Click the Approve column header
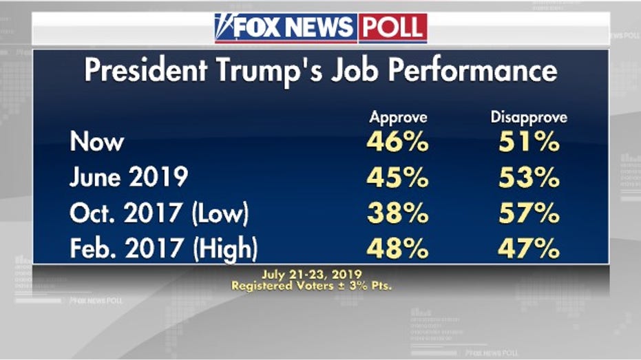[398, 118]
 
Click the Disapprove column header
[528, 118]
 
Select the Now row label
[97, 142]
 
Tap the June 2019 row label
[129, 178]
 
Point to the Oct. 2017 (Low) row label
[159, 213]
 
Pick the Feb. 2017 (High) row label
[163, 248]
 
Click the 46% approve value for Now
[398, 142]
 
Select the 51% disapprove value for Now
[528, 142]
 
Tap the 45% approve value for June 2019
[398, 178]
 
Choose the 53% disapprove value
[528, 178]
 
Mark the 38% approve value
[398, 213]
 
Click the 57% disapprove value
[528, 213]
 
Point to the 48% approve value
[398, 248]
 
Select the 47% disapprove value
[528, 248]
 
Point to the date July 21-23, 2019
[312, 275]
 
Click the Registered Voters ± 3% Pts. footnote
[312, 285]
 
